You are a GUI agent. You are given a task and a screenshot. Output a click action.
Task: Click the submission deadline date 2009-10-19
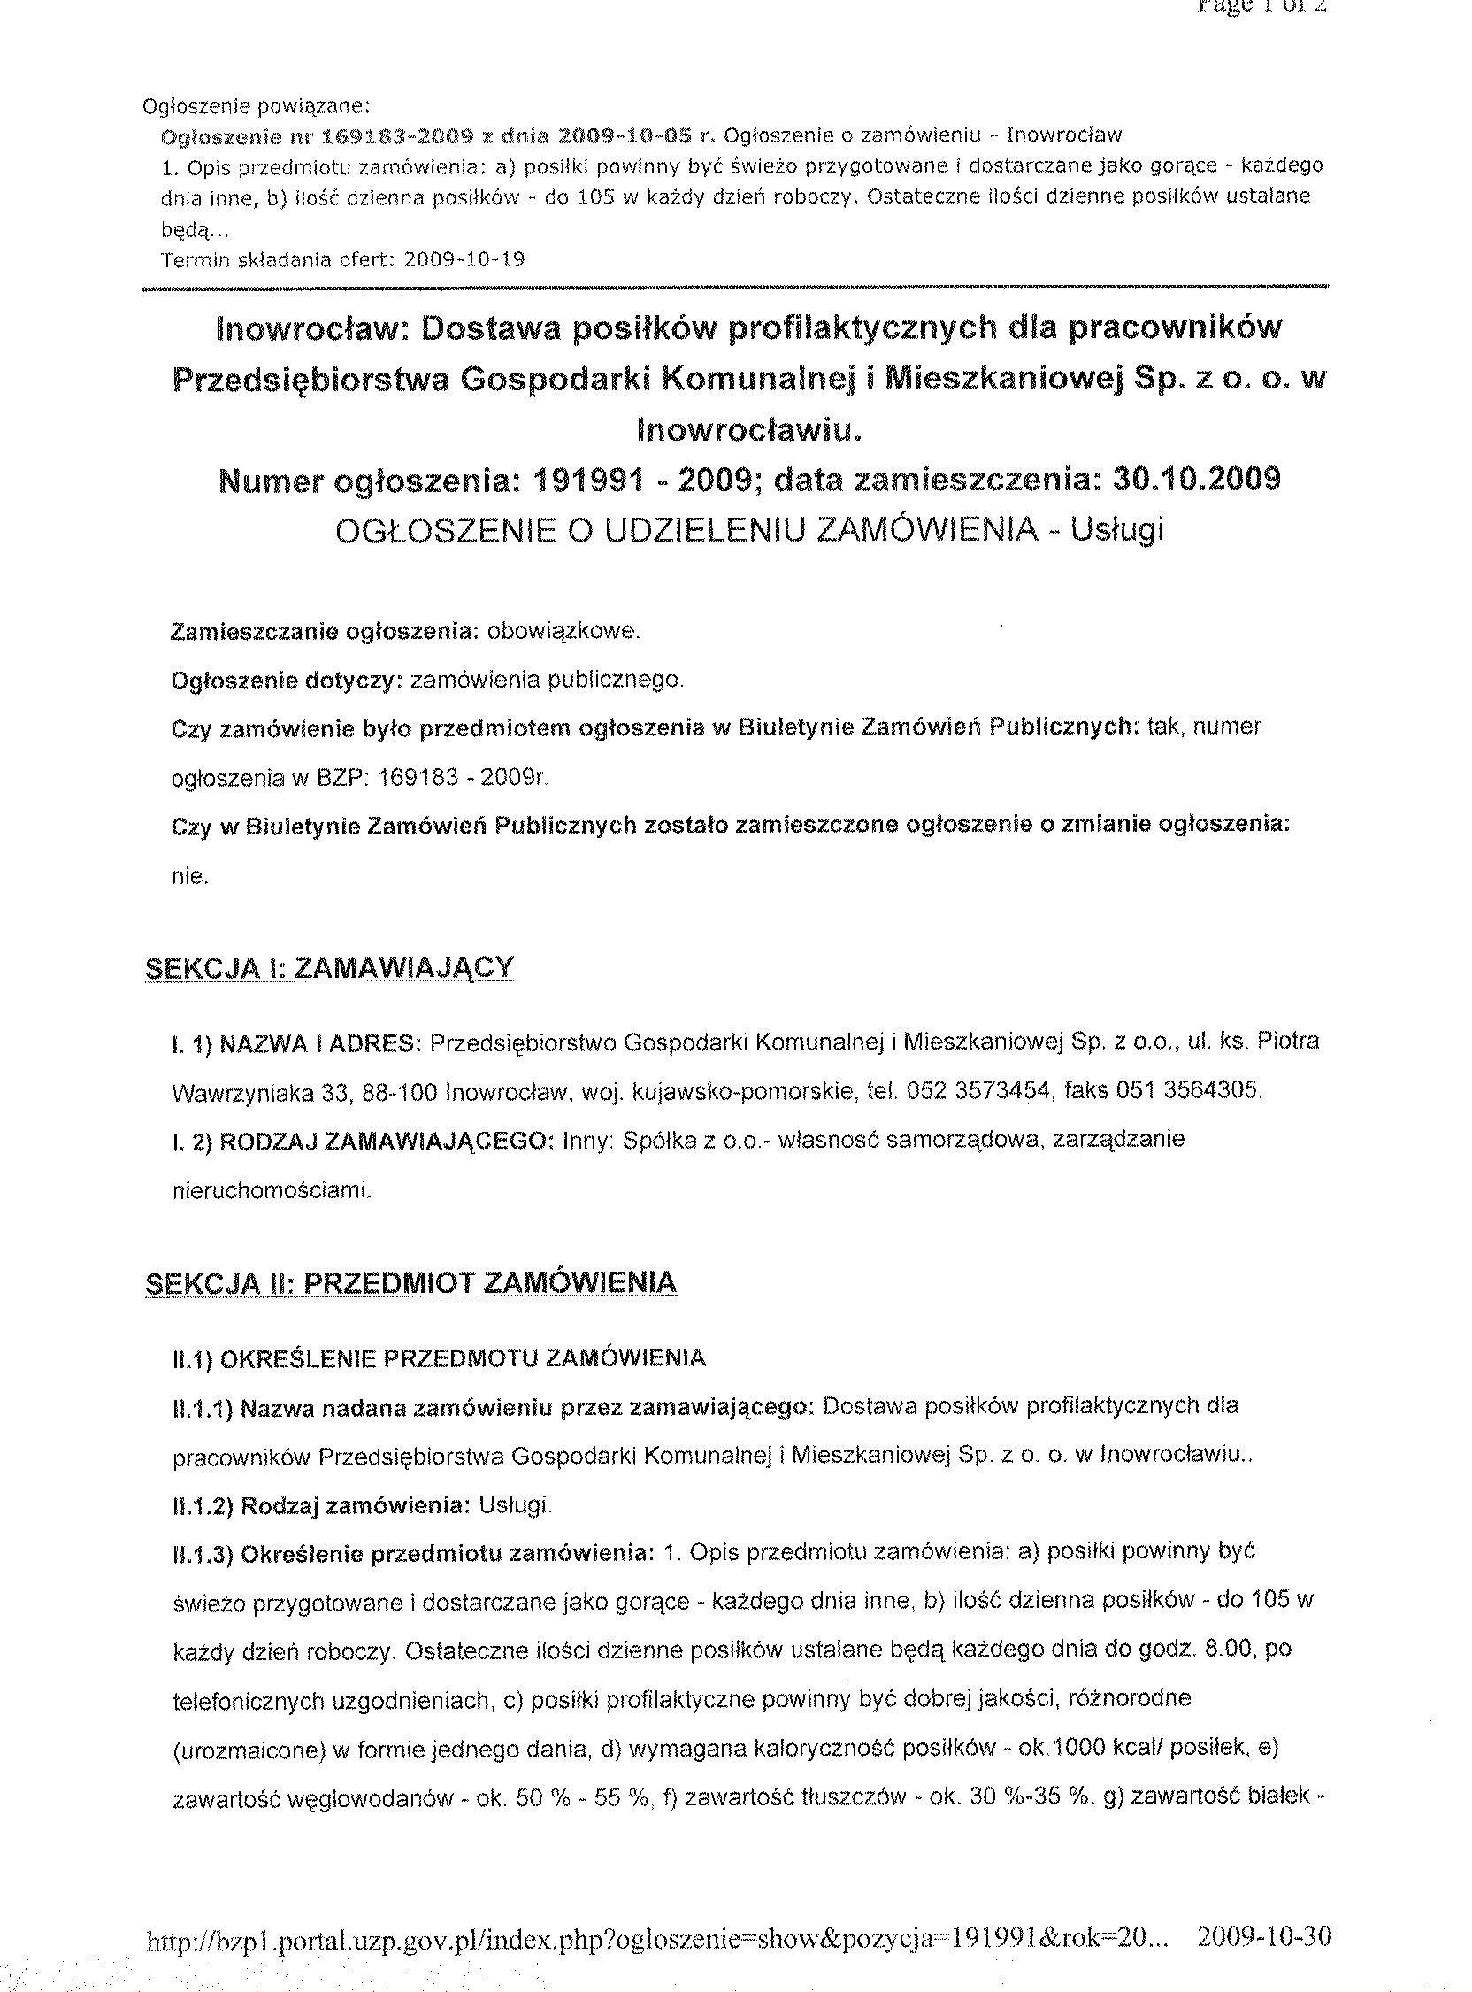coord(464,260)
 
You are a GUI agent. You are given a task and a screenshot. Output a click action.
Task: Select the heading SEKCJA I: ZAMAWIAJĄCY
coord(329,968)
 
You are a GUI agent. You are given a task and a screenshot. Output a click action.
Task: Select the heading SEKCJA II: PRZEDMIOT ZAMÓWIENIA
coord(410,1283)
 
